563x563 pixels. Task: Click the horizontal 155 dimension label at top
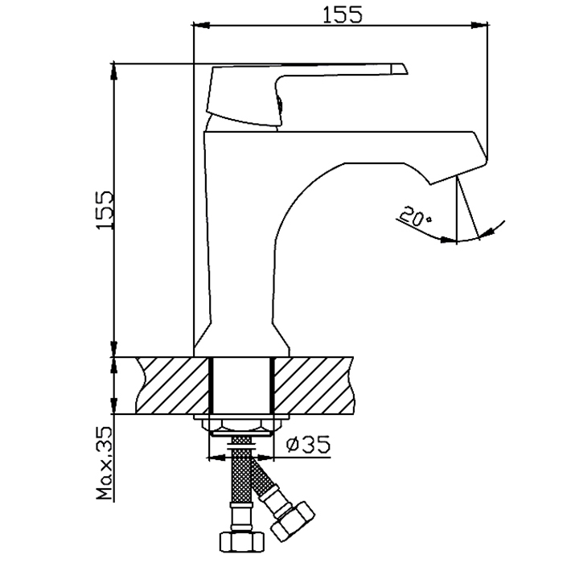pos(343,14)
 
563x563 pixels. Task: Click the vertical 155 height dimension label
pos(105,210)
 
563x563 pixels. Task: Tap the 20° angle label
pos(414,216)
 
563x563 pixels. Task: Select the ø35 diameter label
pos(308,445)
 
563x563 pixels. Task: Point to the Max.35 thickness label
pos(105,463)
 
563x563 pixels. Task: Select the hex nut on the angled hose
pos(293,523)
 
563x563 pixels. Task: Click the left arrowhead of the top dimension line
pos(201,25)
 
